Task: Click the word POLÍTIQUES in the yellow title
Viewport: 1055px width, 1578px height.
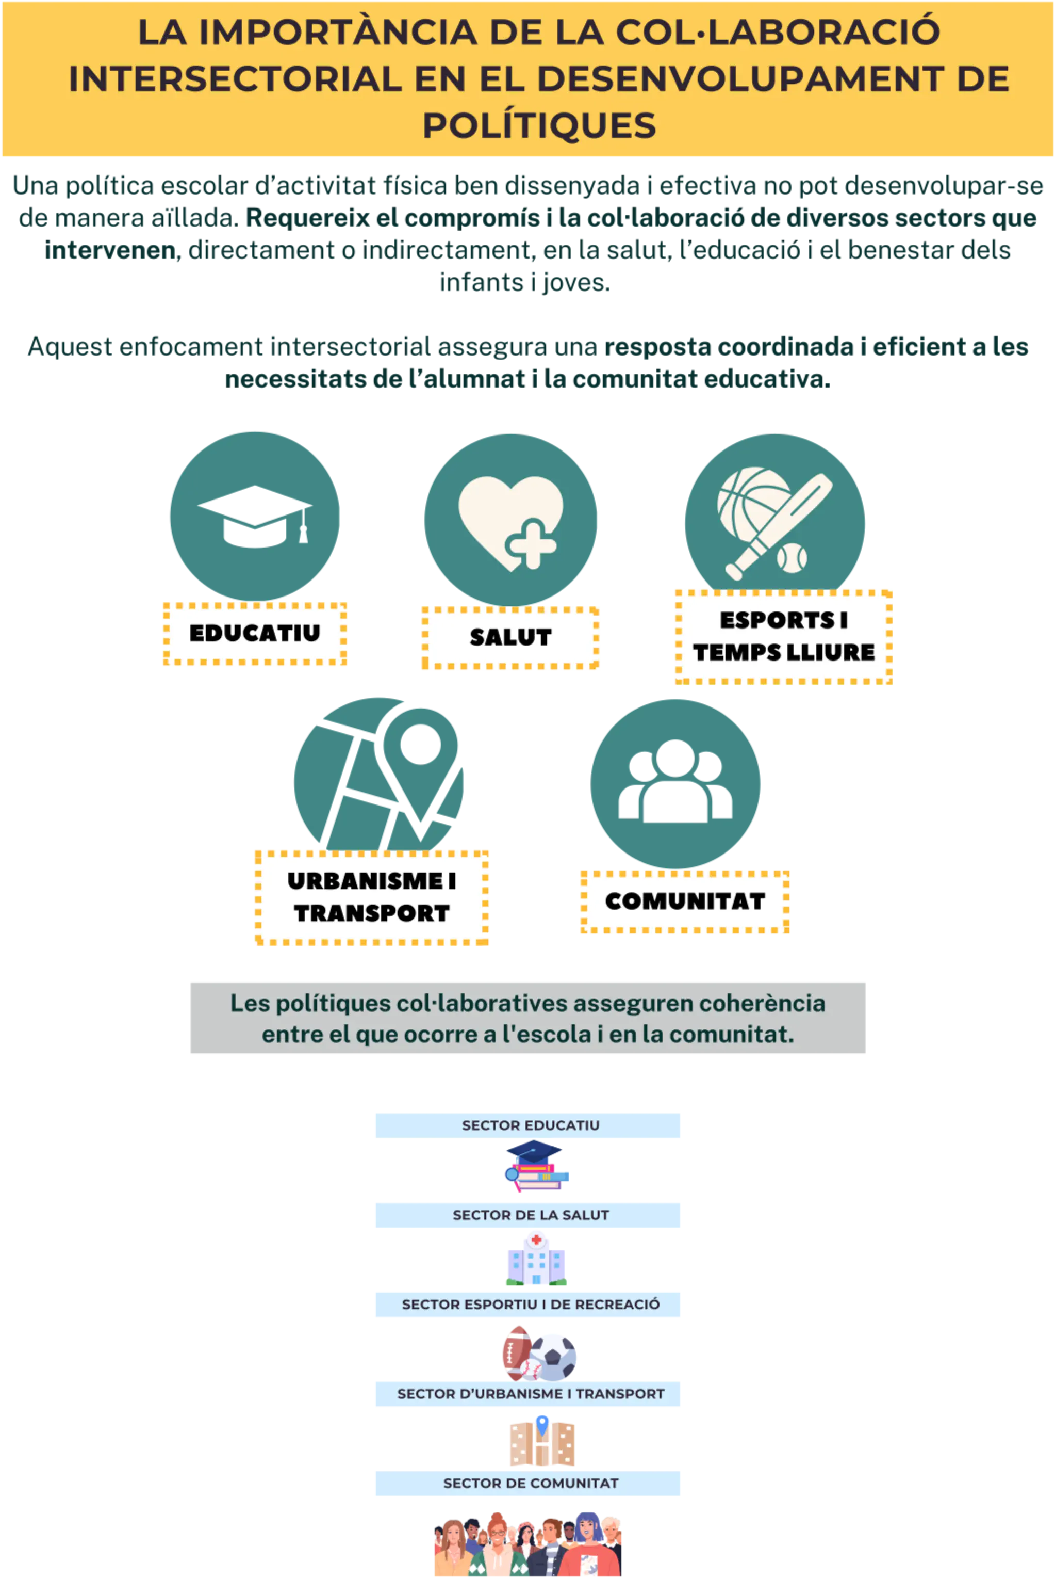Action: click(x=539, y=125)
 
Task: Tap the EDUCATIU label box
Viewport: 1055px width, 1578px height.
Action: click(x=255, y=634)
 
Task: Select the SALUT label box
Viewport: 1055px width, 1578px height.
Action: click(x=510, y=637)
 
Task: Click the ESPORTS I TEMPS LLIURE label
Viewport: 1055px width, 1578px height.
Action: click(x=783, y=637)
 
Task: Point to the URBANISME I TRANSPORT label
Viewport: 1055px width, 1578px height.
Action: click(x=371, y=897)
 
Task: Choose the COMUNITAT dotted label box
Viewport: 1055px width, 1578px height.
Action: click(x=684, y=901)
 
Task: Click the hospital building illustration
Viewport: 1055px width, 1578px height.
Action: click(x=536, y=1260)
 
